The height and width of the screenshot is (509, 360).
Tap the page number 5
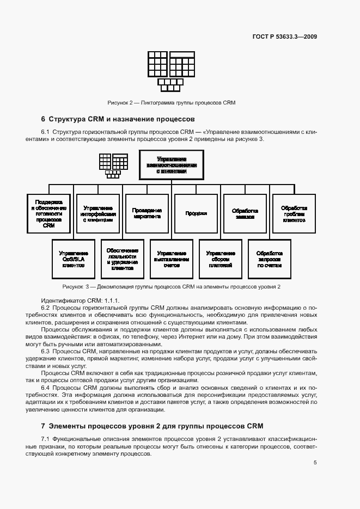[x=315, y=463]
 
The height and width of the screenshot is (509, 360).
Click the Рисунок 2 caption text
[x=171, y=102]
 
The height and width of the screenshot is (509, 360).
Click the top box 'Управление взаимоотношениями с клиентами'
[x=172, y=164]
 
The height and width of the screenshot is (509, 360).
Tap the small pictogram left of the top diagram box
[x=113, y=165]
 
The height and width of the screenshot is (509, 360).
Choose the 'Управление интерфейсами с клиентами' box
[x=98, y=213]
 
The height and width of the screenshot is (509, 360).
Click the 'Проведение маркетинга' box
[x=147, y=213]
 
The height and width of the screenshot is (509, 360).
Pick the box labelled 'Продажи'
[x=196, y=213]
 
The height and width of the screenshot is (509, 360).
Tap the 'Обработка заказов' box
[x=245, y=213]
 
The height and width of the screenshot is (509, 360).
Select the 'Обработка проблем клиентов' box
[x=294, y=213]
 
